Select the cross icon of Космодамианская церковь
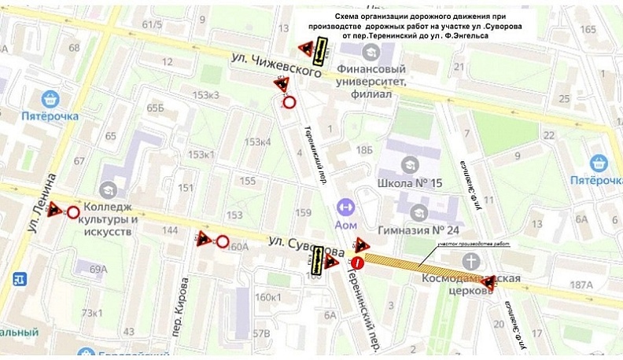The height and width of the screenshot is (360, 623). click(x=471, y=261)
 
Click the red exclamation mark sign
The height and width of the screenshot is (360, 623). click(x=358, y=262)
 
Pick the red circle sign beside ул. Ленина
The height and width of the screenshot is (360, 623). click(x=73, y=212)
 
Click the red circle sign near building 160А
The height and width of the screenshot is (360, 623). click(x=223, y=241)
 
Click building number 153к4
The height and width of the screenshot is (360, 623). click(x=257, y=142)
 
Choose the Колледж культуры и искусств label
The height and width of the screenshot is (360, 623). click(x=107, y=214)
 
